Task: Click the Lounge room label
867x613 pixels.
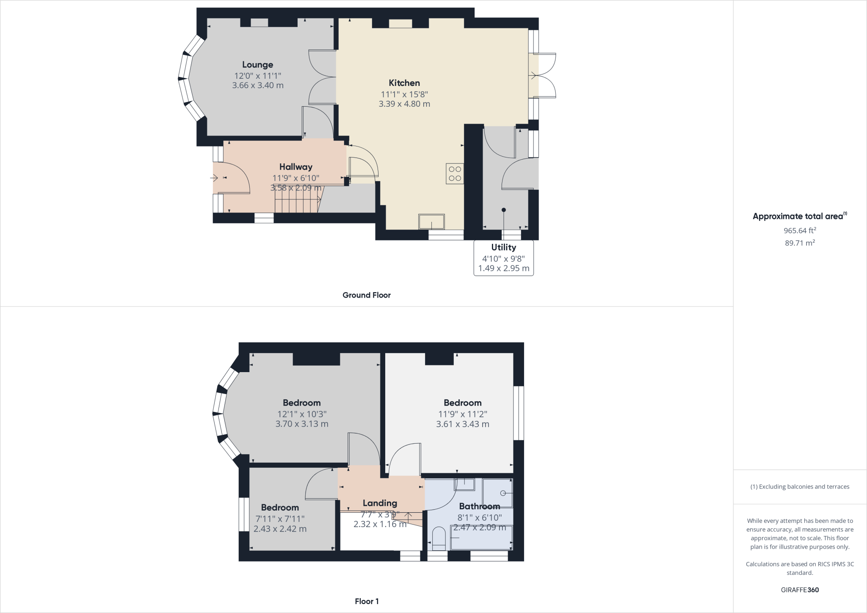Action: coord(257,65)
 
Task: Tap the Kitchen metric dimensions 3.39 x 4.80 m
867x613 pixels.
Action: coord(404,104)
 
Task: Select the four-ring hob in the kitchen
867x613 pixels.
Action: coord(455,174)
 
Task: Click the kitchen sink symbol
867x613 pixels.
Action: coord(431,221)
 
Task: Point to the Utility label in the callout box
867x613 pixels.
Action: coord(503,247)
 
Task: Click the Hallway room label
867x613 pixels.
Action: coord(295,167)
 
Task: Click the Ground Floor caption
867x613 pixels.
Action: coord(366,295)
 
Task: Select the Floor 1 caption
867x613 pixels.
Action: coord(367,601)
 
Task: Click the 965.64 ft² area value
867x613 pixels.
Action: coord(800,231)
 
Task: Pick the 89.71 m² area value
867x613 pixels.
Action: coord(800,243)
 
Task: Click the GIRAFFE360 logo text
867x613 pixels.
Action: coord(800,590)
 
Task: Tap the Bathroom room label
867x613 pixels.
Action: coord(479,506)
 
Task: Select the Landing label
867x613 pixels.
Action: coord(380,503)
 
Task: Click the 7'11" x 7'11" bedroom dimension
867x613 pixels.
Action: coord(280,519)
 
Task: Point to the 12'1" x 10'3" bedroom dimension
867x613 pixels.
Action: coord(302,414)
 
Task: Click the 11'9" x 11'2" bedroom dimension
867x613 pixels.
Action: coord(462,414)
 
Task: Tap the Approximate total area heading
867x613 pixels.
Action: coord(798,216)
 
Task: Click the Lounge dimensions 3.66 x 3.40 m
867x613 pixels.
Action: coord(257,85)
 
